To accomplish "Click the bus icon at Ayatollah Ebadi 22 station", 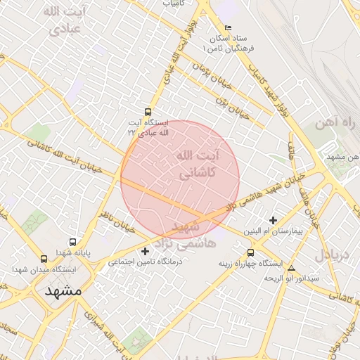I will pos(148,112).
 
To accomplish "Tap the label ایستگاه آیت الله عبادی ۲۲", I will pos(148,127).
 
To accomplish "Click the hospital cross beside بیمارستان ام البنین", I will pos(273,220).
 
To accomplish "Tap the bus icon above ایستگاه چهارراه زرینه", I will pos(251,253).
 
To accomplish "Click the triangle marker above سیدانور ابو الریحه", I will pos(291,268).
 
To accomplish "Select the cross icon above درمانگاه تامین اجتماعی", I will pos(146,251).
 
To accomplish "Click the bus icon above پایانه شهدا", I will pos(72,243).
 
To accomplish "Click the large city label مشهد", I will pos(63,290).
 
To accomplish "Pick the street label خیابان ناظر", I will pos(117,204).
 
